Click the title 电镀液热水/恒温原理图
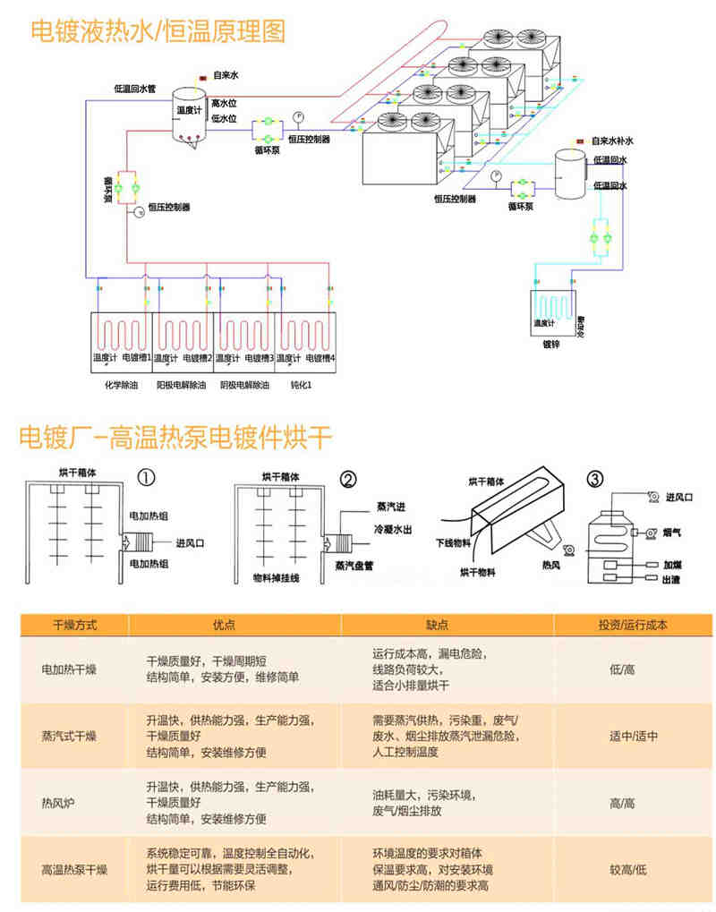click(x=158, y=32)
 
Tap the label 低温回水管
click(x=135, y=89)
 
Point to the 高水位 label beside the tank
click(x=224, y=104)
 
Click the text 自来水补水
click(x=617, y=141)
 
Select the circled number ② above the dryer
click(x=349, y=479)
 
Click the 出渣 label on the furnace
click(x=672, y=581)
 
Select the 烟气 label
click(x=673, y=533)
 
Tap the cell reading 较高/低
click(x=628, y=869)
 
